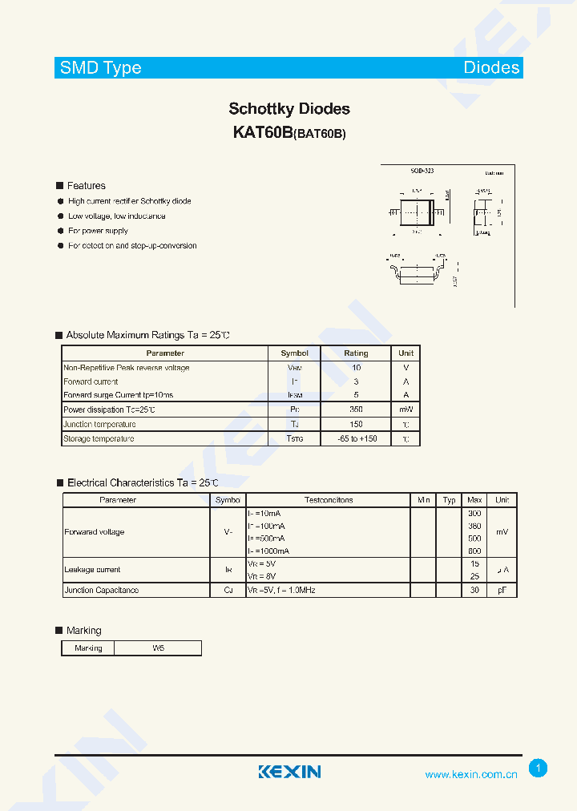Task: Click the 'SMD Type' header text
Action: [x=101, y=68]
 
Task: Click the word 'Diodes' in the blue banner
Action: [x=491, y=68]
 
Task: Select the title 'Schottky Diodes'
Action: [x=289, y=109]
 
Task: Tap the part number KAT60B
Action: [x=263, y=133]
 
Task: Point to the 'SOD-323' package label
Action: [x=422, y=171]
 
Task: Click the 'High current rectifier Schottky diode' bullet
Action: [x=129, y=201]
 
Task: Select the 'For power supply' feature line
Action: [x=98, y=231]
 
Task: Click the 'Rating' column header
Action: [x=356, y=353]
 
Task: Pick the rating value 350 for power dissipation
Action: [x=356, y=410]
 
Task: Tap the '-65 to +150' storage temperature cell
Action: [x=356, y=438]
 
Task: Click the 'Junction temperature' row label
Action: [x=99, y=424]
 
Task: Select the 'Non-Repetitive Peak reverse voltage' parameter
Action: [x=127, y=368]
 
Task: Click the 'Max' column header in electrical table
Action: [x=474, y=500]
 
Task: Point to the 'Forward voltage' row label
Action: [x=94, y=532]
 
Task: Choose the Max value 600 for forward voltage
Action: [x=474, y=551]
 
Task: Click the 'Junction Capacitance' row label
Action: [x=101, y=591]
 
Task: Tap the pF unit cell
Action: [x=502, y=591]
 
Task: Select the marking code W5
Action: [x=158, y=648]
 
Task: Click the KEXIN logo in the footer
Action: [x=289, y=772]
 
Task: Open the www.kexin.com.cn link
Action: [x=470, y=774]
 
